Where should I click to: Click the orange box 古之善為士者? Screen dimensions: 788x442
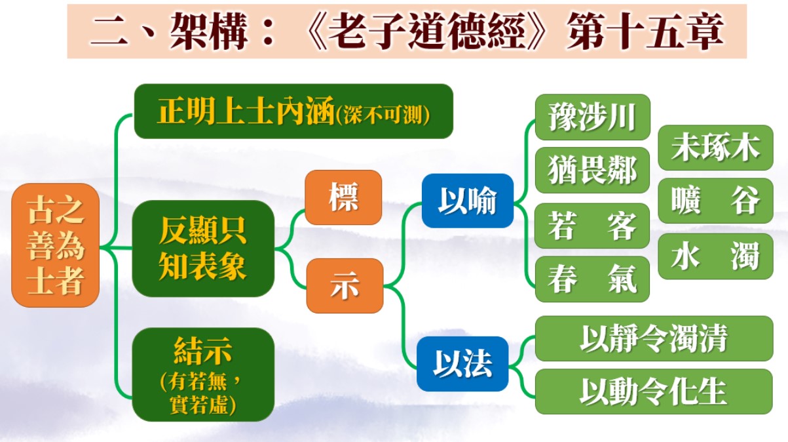coord(56,245)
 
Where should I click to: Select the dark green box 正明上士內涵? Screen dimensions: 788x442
coord(293,111)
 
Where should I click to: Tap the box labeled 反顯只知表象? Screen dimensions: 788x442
coord(203,249)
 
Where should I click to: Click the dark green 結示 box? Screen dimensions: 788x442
coord(203,374)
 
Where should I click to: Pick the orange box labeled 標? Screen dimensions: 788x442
coord(343,197)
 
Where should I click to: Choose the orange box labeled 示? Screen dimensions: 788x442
coord(345,286)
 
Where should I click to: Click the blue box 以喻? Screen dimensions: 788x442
coord(468,201)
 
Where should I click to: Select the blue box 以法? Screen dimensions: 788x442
coord(462,364)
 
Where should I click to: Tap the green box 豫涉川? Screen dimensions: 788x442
coord(592,117)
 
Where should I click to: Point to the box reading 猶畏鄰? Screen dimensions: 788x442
coord(592,170)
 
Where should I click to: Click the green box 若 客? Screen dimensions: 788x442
coord(592,226)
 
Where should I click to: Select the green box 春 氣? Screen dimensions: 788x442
coord(592,279)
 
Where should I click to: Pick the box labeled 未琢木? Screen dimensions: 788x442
coord(715,148)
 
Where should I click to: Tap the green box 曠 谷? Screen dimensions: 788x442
coord(715,201)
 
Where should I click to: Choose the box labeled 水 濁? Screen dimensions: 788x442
coord(715,256)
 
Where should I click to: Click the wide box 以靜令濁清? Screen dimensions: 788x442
coord(654,338)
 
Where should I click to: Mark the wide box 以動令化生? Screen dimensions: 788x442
coord(654,392)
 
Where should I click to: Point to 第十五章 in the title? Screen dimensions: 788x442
coord(645,31)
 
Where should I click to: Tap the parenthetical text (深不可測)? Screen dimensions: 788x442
coord(383,115)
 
